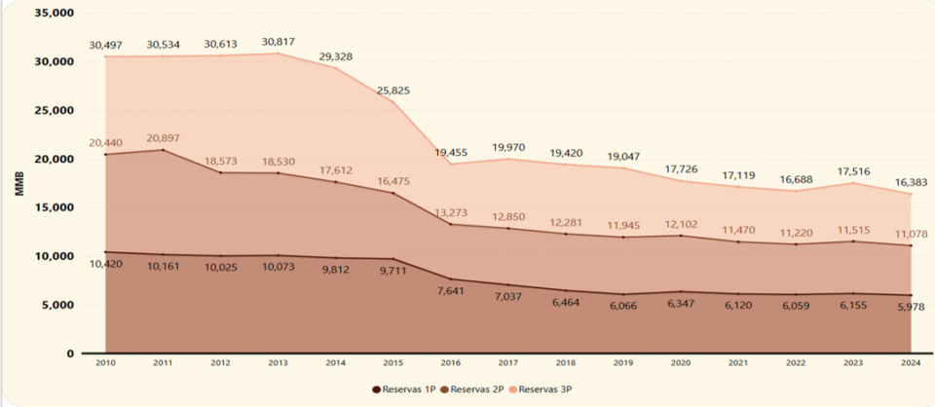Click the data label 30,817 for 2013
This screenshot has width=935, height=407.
(279, 41)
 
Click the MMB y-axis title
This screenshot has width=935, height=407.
(19, 183)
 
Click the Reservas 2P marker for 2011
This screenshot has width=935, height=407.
(162, 150)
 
